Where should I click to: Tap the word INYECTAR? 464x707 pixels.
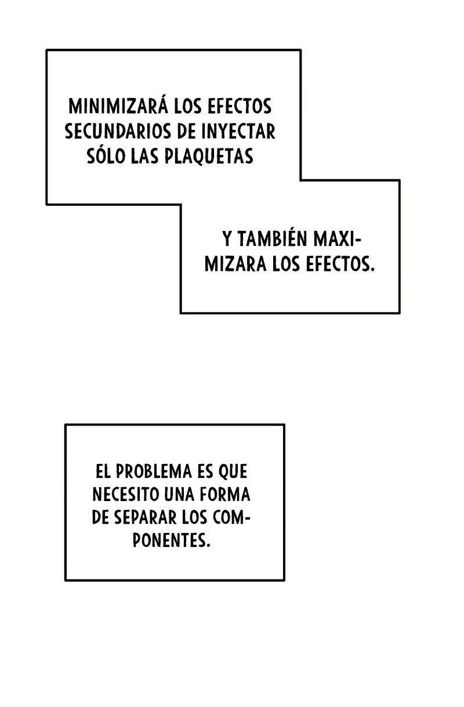[238, 131]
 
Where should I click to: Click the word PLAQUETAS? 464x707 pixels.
[209, 156]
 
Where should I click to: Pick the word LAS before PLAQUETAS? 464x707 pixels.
[145, 156]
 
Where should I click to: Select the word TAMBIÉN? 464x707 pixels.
[271, 239]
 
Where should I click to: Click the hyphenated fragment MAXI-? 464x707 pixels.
[336, 239]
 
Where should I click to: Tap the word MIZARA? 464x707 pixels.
[235, 264]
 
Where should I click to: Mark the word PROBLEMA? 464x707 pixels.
[154, 472]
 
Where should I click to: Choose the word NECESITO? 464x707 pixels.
[126, 495]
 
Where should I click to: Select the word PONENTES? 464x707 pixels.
[172, 541]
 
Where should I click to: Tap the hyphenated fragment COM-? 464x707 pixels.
[231, 518]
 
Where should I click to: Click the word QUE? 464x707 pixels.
[233, 472]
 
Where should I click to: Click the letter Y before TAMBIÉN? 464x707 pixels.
[227, 239]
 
